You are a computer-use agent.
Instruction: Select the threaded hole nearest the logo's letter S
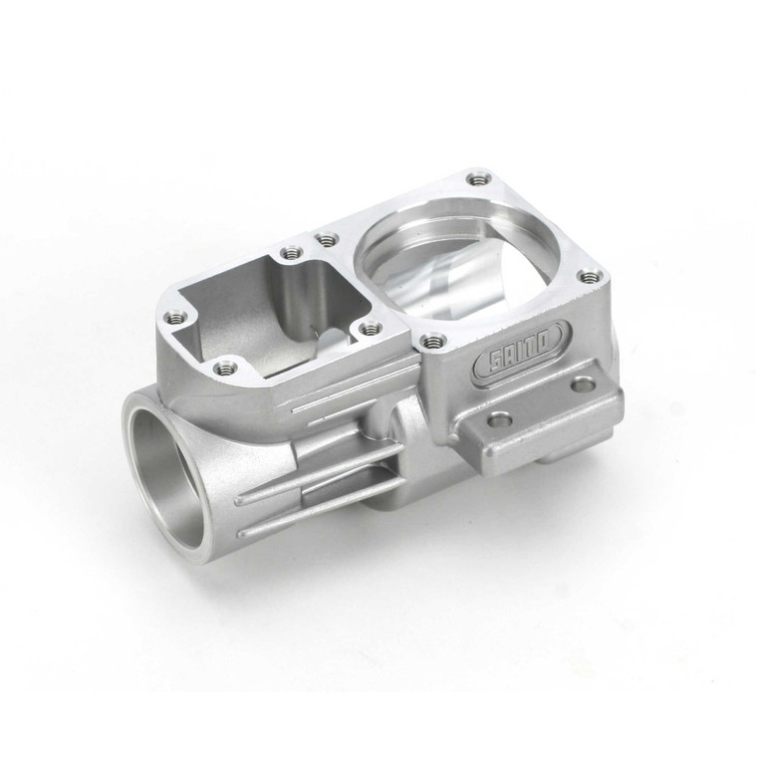coord(431,341)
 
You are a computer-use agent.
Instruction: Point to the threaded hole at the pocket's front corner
coord(225,368)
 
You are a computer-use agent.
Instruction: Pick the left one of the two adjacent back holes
coord(290,253)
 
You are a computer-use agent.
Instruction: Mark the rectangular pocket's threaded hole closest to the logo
coord(369,327)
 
